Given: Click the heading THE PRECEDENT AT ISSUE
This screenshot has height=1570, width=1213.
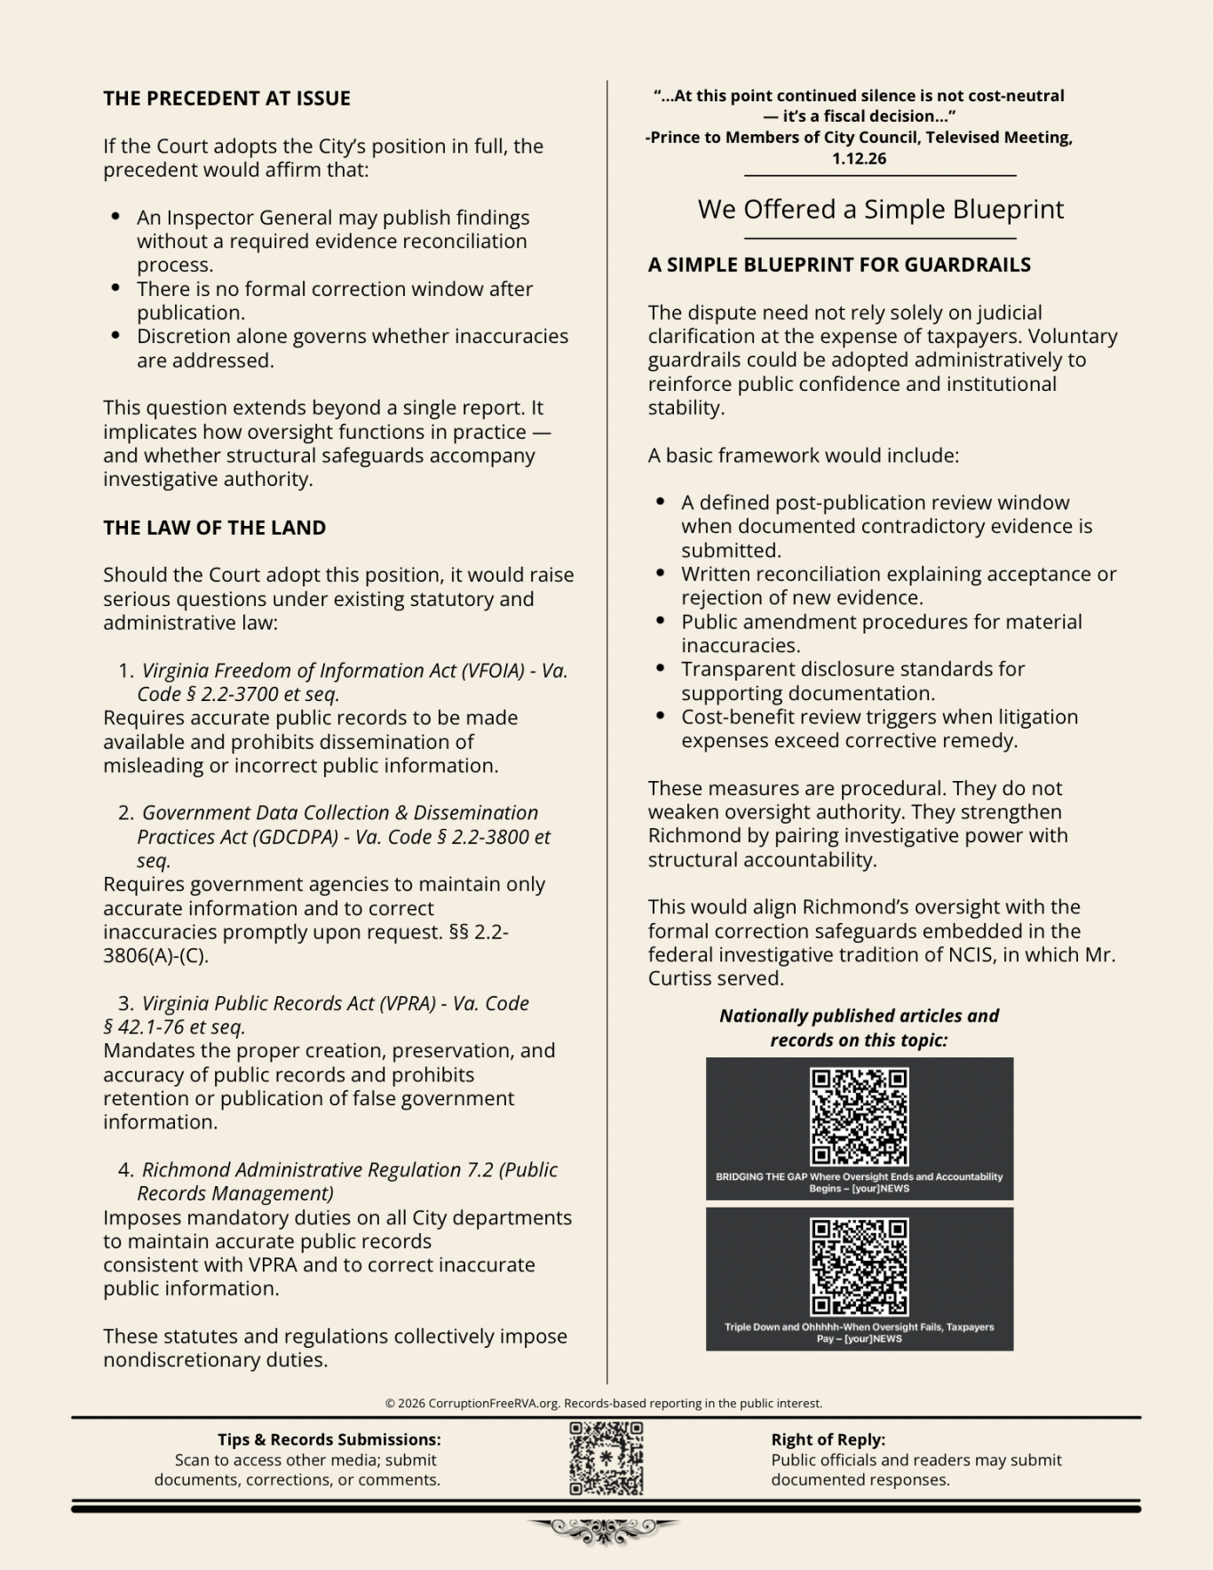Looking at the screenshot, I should pyautogui.click(x=226, y=99).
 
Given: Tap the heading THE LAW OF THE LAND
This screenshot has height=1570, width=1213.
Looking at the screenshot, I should pyautogui.click(x=214, y=528).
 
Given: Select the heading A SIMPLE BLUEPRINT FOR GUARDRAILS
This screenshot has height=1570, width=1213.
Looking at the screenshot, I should pyautogui.click(x=838, y=265).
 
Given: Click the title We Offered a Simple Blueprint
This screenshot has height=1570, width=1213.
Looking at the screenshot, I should pyautogui.click(x=880, y=210).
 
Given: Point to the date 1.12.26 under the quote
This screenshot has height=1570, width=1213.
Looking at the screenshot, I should pyautogui.click(x=859, y=159).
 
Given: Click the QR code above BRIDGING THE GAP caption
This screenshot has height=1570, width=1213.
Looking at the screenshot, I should pyautogui.click(x=859, y=1116).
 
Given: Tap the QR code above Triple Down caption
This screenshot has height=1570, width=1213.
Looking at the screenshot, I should pyautogui.click(x=859, y=1266).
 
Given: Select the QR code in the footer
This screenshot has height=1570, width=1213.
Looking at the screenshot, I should pyautogui.click(x=606, y=1459).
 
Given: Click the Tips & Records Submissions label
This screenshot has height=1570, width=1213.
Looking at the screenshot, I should pyautogui.click(x=329, y=1439).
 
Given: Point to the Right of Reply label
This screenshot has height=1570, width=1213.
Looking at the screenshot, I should pyautogui.click(x=828, y=1439).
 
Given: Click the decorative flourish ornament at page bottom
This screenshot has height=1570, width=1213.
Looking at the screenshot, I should pyautogui.click(x=604, y=1528).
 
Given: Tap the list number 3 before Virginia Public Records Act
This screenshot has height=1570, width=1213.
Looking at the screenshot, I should pyautogui.click(x=125, y=1004).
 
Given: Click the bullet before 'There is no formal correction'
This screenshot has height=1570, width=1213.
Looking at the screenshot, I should pyautogui.click(x=115, y=289).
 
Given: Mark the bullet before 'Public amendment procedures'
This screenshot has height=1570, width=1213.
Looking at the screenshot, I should pyautogui.click(x=660, y=622).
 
